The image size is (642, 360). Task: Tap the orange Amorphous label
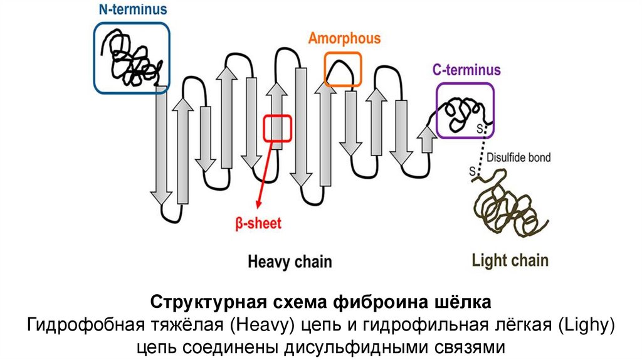(344, 38)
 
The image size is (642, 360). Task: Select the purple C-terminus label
(466, 70)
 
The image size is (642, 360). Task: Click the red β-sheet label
(258, 223)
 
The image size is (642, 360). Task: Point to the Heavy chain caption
(290, 262)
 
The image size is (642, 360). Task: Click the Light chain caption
(510, 260)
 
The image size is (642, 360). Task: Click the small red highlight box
(277, 129)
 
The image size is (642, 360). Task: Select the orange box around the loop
(343, 69)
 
